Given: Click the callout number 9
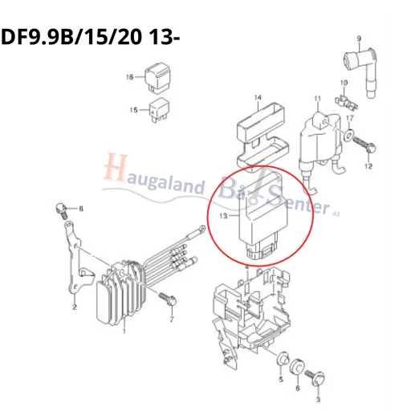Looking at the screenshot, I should (x=360, y=38).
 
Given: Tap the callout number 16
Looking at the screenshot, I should (x=129, y=77).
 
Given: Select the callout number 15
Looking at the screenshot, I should (x=134, y=109).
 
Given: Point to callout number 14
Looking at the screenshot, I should (x=258, y=99).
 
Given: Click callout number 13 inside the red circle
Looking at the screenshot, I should (x=224, y=215).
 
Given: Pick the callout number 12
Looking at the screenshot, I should (x=368, y=167).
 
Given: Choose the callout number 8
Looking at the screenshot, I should (x=80, y=210).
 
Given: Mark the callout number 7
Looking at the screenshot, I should (x=171, y=319).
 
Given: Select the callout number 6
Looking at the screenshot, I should (x=297, y=388).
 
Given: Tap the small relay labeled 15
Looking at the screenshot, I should (x=157, y=108).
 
